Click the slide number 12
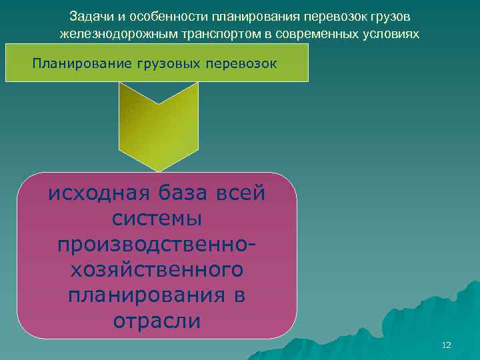tap(447, 345)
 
